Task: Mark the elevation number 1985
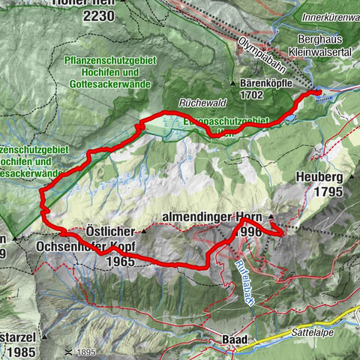pyautogui.click(x=19, y=331)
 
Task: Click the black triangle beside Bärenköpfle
pyautogui.click(x=234, y=83)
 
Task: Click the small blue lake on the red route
pyautogui.click(x=290, y=118)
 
